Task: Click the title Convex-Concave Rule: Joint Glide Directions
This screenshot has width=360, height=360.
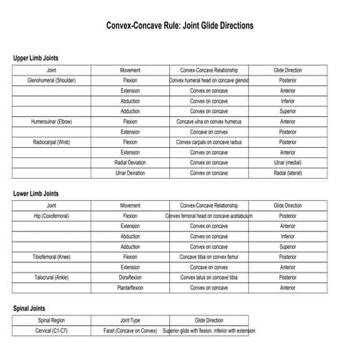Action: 180,25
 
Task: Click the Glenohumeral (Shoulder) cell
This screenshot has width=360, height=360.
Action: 51,80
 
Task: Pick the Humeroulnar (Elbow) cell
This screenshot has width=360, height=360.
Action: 51,122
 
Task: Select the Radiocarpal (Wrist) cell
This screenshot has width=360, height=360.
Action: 51,141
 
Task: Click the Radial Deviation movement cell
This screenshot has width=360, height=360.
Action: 130,162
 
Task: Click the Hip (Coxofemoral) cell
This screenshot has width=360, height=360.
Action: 51,215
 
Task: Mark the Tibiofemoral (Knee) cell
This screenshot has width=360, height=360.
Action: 51,257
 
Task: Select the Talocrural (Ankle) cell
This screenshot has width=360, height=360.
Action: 51,277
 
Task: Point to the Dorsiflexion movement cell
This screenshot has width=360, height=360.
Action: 130,277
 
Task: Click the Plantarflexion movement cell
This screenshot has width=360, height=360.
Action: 130,288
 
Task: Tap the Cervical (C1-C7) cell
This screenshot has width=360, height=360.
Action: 51,330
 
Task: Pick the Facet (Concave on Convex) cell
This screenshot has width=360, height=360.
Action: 130,330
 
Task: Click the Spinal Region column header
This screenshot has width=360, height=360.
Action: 51,319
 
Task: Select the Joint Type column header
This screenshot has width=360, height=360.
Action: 130,319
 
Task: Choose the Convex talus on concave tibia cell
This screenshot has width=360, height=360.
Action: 209,277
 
